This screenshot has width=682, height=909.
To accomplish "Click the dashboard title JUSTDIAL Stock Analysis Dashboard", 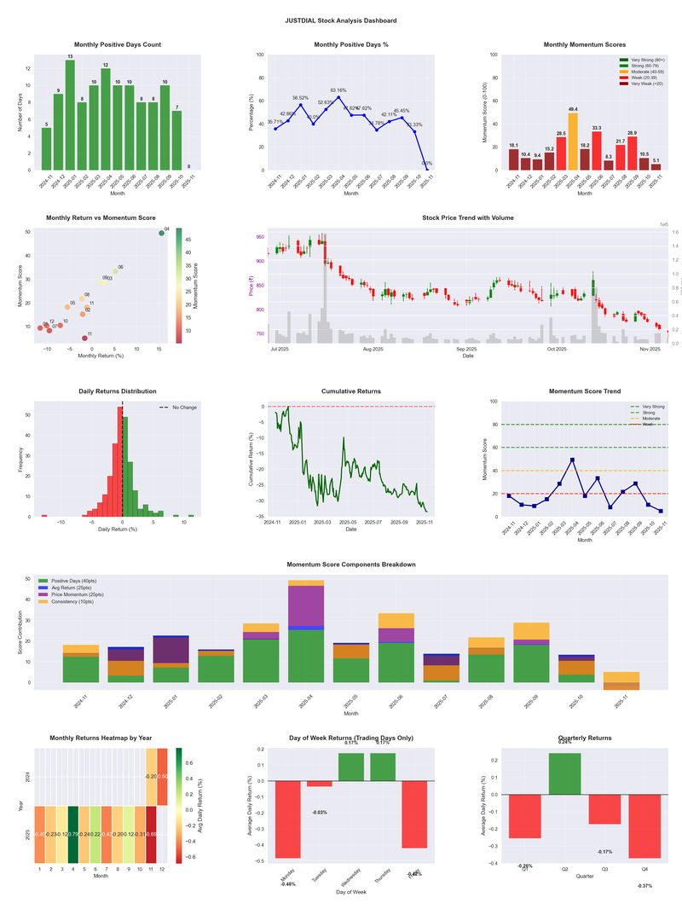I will [341, 20].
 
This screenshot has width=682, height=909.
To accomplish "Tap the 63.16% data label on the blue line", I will [338, 90].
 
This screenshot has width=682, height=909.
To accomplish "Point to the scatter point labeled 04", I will [161, 233].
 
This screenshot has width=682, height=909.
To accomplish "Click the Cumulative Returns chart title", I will [351, 391].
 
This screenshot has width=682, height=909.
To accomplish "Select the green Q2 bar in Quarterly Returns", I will [565, 773].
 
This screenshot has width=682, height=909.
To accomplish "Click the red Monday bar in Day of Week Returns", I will [288, 819].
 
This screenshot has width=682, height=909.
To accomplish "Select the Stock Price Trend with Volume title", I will [467, 218].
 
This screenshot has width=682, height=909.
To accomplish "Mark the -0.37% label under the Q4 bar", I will [643, 886].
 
